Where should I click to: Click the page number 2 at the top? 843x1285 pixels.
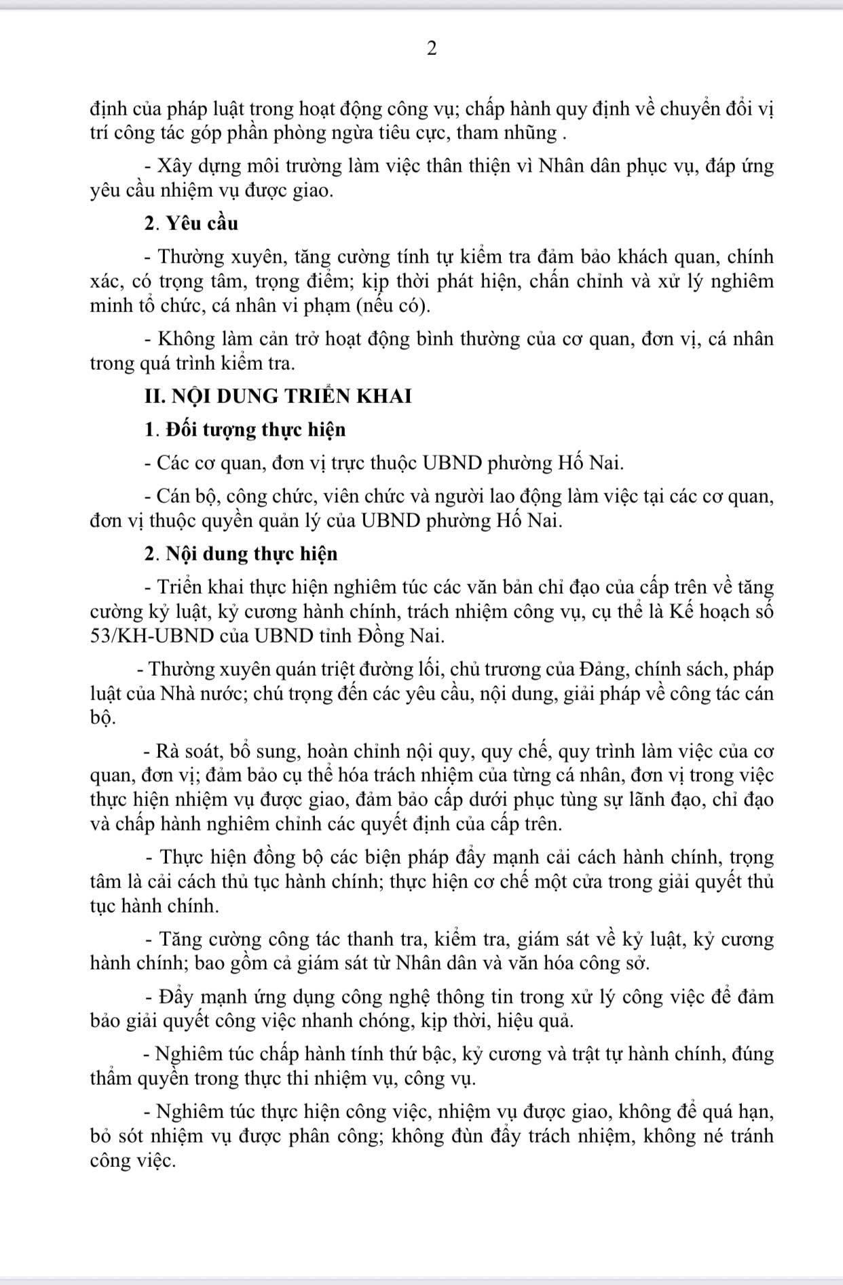(432, 49)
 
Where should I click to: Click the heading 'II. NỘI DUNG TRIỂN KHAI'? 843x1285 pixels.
(278, 396)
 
